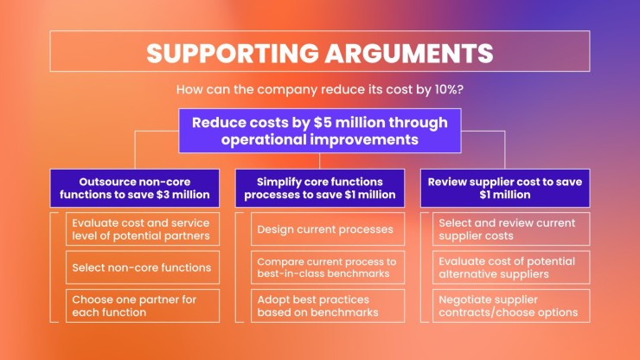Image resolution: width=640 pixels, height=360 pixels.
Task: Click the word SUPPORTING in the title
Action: click(233, 53)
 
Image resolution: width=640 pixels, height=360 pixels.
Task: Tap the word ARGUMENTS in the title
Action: click(409, 53)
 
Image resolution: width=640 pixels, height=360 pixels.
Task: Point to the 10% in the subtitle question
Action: click(444, 89)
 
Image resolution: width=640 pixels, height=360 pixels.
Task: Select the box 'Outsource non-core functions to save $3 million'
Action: click(135, 188)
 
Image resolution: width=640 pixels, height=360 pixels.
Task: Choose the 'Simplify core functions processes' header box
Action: click(320, 188)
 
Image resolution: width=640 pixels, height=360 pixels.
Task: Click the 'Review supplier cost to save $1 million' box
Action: click(505, 188)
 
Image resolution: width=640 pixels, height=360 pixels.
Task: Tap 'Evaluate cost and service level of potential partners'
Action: click(143, 228)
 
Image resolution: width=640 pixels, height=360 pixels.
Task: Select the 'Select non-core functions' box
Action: click(143, 267)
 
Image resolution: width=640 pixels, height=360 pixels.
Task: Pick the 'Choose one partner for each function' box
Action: click(143, 305)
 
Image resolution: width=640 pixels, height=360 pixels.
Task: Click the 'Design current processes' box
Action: click(328, 228)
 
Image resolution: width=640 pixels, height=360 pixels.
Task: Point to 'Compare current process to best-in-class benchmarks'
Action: click(328, 267)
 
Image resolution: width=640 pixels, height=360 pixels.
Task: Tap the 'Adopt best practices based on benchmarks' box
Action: click(328, 305)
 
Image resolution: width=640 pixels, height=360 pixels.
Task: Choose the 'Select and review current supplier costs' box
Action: click(511, 228)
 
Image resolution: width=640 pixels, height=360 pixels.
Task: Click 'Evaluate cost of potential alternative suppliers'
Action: click(511, 267)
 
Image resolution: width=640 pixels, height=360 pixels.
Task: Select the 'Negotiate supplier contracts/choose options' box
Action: click(511, 305)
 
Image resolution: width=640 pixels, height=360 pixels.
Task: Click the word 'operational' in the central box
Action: click(264, 139)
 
